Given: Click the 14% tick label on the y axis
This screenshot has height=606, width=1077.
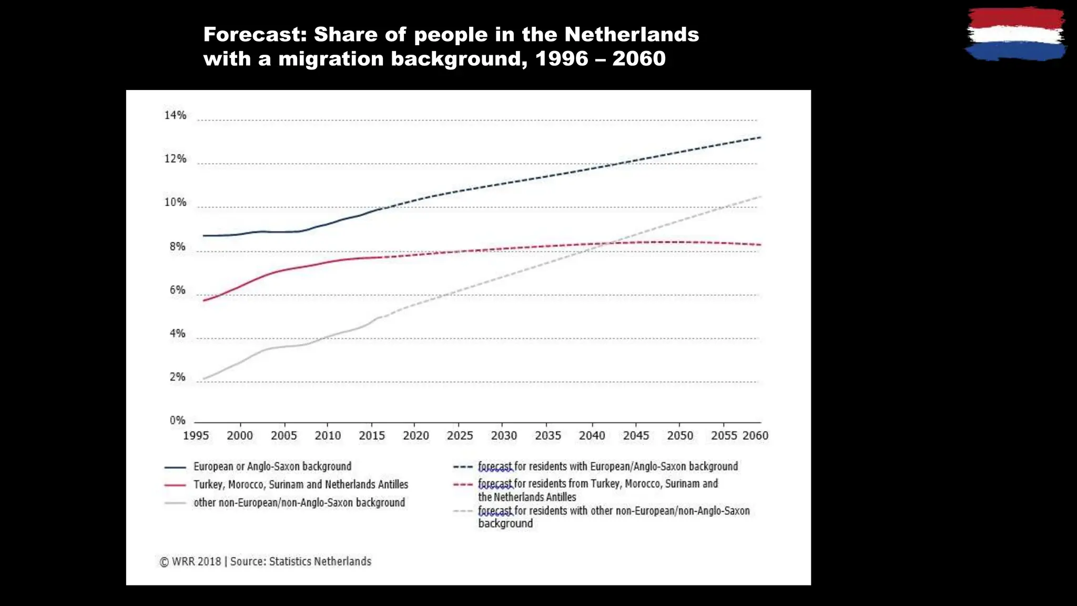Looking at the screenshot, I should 175,115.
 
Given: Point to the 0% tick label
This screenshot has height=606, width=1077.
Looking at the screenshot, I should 177,420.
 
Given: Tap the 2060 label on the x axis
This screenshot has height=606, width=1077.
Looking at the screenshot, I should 755,436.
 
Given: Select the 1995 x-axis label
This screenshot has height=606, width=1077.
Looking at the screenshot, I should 196,436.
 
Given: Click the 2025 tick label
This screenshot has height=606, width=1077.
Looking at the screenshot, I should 460,436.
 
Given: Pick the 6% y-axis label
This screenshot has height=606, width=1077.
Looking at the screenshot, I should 177,290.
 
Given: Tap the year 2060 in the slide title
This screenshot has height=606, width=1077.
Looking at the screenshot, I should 639,58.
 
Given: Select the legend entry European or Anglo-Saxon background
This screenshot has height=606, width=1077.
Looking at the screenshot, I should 272,467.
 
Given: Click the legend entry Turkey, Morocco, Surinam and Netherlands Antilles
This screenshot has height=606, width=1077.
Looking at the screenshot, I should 300,484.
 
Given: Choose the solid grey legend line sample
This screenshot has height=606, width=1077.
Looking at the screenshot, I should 175,503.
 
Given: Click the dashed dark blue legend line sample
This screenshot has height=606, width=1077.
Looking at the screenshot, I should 463,467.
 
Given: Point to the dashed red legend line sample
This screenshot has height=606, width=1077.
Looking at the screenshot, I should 463,484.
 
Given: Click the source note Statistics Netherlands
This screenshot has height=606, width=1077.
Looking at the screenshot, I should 320,561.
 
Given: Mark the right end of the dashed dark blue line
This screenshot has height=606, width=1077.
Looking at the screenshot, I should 760,137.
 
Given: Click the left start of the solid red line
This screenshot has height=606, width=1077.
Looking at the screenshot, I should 204,300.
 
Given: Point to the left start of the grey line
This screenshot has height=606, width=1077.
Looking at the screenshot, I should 204,379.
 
